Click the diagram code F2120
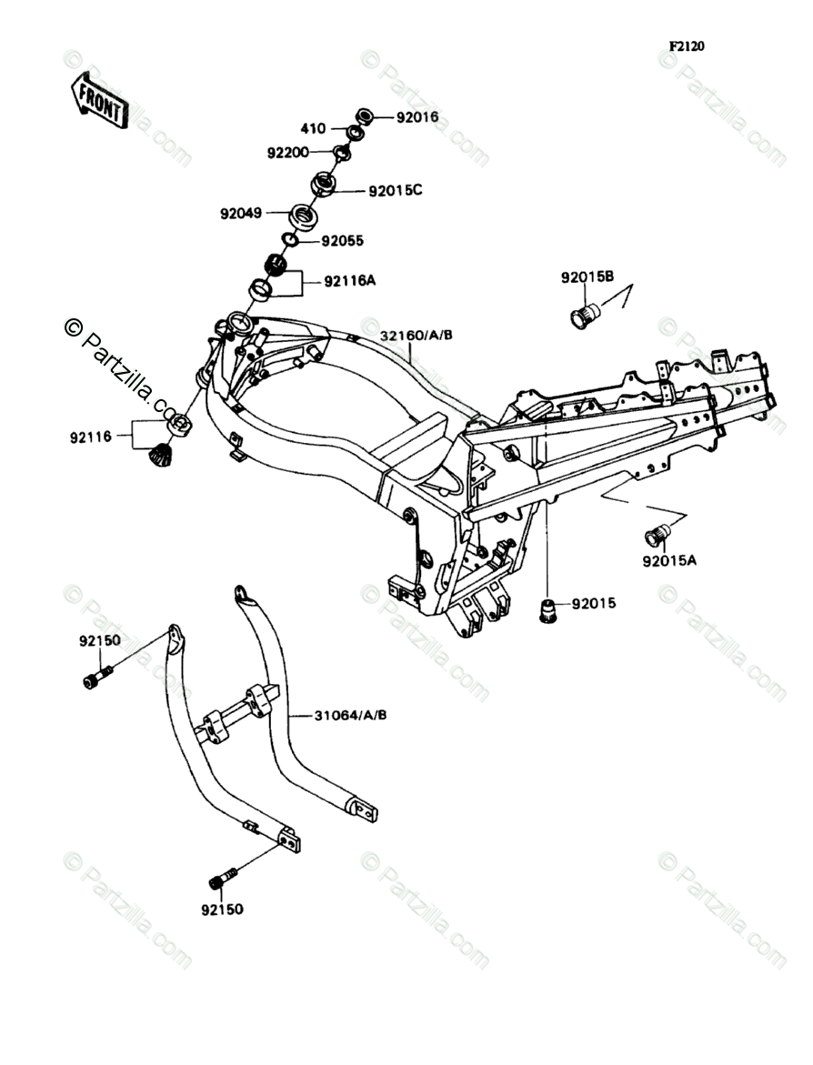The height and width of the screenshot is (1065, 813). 688,46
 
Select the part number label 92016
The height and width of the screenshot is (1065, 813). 417,117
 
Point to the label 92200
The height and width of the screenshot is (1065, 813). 288,153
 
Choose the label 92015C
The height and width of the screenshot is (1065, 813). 396,191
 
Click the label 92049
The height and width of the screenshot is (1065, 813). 241,214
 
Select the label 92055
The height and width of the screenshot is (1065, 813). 342,242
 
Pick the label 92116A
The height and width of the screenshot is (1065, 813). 350,282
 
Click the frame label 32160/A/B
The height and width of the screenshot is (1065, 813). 417,336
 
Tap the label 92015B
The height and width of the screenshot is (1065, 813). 587,276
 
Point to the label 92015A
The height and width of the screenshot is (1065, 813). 669,561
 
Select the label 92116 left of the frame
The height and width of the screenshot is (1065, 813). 89,437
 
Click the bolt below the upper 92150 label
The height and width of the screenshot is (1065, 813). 96,678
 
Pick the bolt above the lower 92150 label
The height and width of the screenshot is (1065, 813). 222,878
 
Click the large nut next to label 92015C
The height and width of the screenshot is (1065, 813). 324,185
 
